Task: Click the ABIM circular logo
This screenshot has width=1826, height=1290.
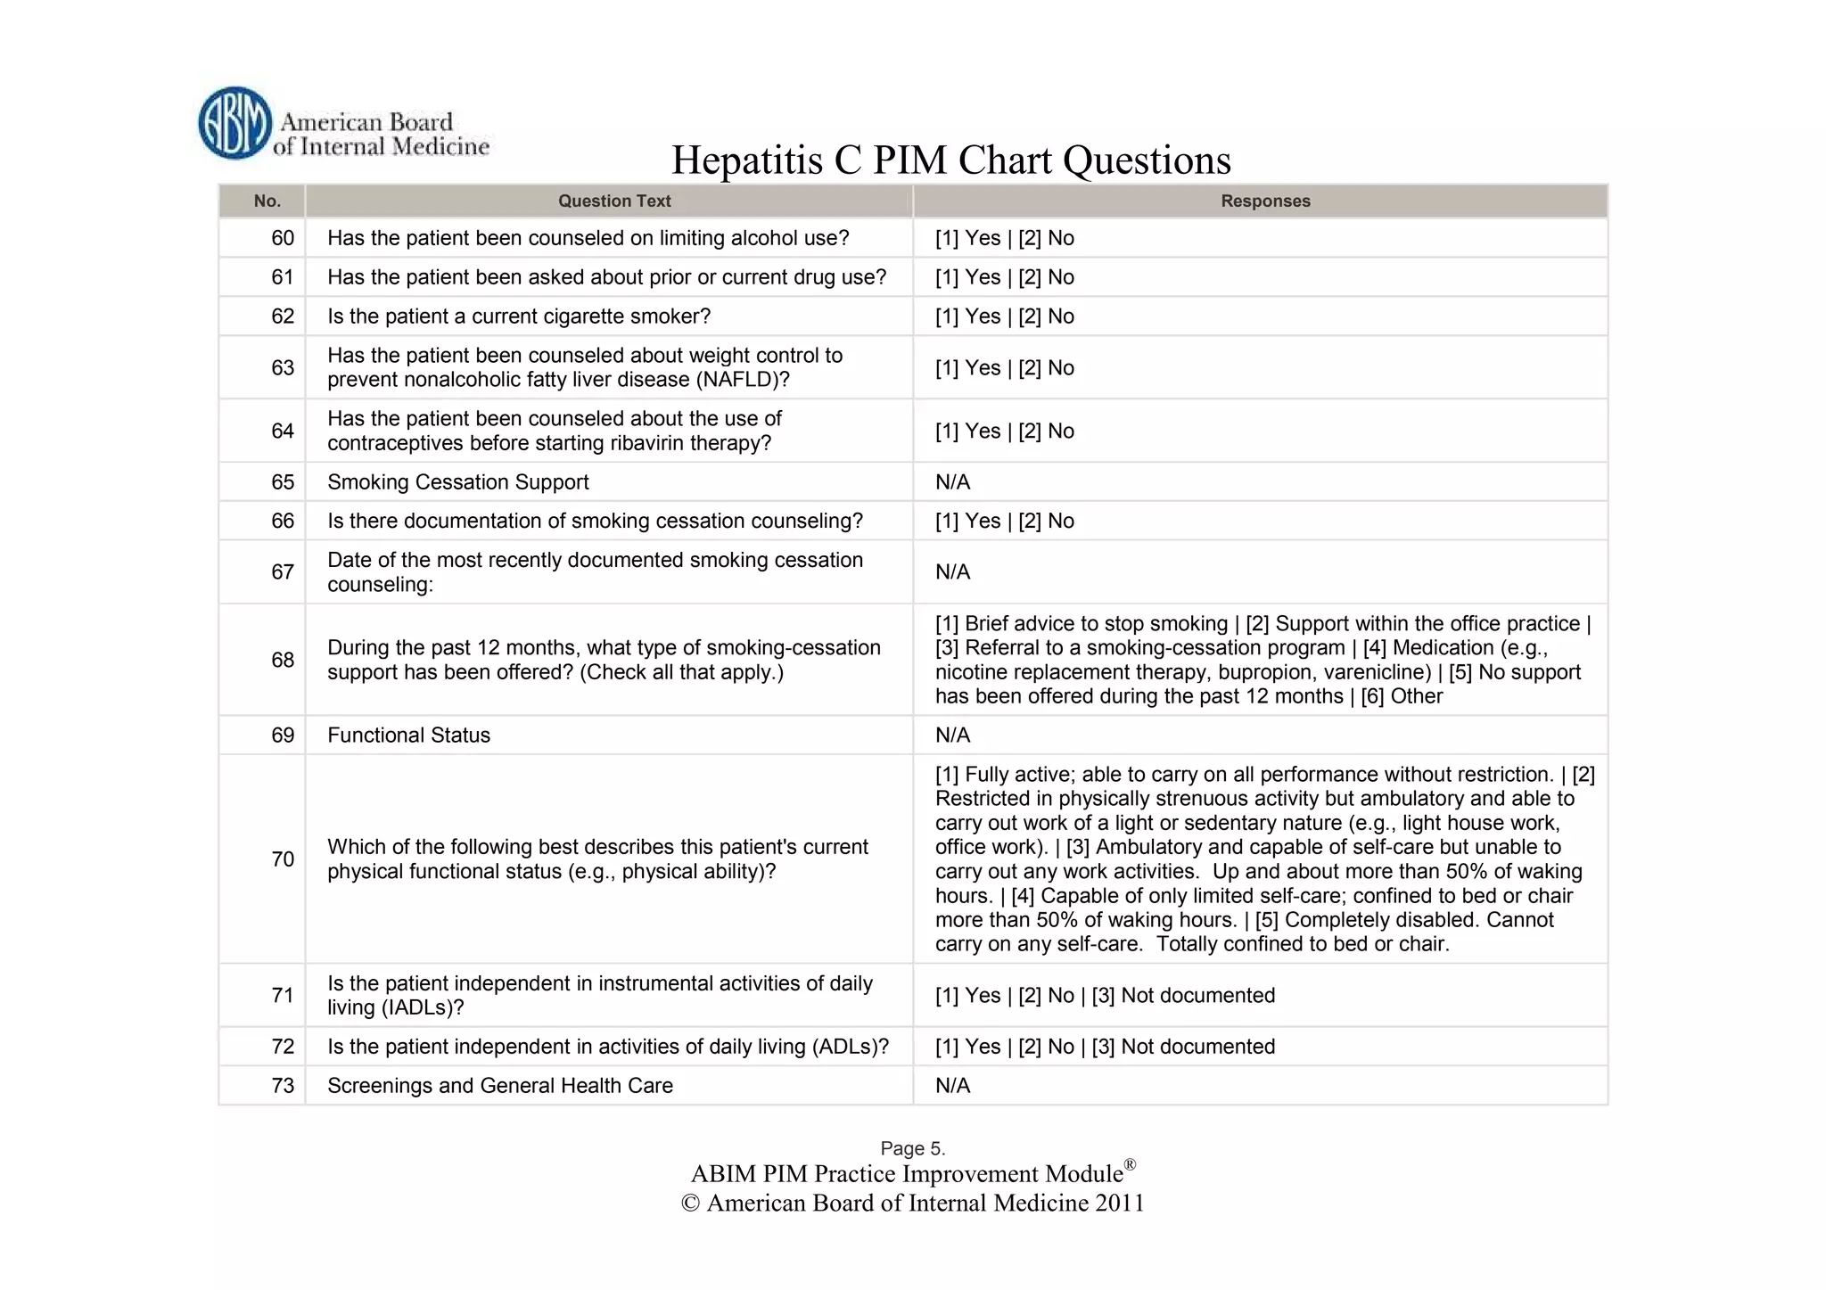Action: tap(234, 124)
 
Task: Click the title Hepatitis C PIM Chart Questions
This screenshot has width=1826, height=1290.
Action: tap(950, 160)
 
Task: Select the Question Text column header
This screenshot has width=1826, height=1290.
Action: tap(614, 201)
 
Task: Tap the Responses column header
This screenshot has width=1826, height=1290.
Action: tap(1265, 201)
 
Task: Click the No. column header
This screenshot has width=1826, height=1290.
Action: tap(267, 201)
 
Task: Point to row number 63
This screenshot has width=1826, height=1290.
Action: tap(283, 368)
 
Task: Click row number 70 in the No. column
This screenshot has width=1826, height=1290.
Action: tap(283, 859)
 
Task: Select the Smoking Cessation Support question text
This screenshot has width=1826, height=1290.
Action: tap(457, 482)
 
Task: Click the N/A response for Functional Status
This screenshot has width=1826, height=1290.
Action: tap(952, 735)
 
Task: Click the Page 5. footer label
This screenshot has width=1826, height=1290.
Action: tap(912, 1148)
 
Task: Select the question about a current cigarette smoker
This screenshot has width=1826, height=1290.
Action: tap(518, 316)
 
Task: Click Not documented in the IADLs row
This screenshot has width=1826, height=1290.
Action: tap(1197, 996)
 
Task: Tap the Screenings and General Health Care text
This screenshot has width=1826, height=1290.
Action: tap(499, 1086)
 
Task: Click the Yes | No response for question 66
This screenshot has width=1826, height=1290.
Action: tap(1004, 521)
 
